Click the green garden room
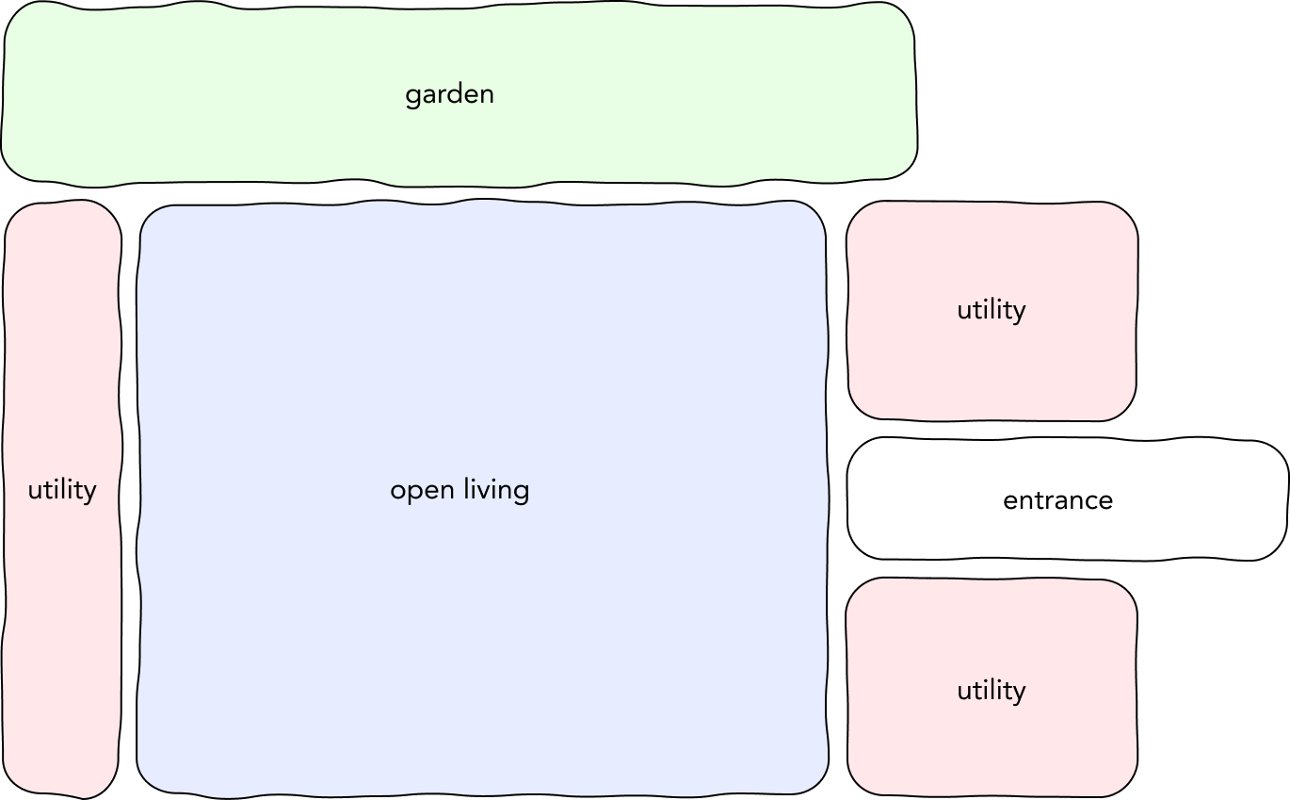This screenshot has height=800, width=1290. (459, 94)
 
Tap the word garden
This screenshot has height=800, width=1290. (450, 94)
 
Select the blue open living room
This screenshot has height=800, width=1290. (483, 498)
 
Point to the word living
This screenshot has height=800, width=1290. (496, 490)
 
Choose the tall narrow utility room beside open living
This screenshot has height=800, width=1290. (62, 498)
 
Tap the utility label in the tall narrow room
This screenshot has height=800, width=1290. (62, 491)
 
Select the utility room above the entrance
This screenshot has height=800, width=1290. (992, 311)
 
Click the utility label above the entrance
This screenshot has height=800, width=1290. (992, 311)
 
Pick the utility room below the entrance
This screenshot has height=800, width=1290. (992, 688)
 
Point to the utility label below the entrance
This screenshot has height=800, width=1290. (992, 692)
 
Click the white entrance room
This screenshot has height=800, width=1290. (1068, 499)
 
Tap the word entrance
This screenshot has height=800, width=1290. (1058, 500)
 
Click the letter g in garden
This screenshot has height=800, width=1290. (412, 97)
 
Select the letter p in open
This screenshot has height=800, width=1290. (416, 494)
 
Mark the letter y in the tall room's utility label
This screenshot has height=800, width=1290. (89, 495)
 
